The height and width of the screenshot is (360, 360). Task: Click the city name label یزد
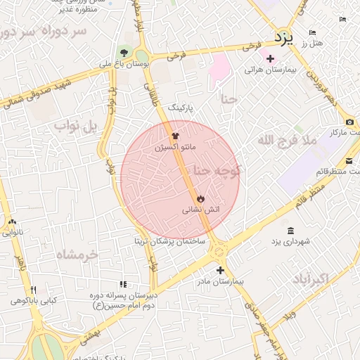pyautogui.click(x=283, y=35)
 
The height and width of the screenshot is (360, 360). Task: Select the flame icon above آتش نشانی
pyautogui.click(x=200, y=199)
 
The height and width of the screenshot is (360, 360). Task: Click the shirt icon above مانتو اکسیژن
pyautogui.click(x=175, y=136)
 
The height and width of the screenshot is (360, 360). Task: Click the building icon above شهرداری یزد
pyautogui.click(x=290, y=231)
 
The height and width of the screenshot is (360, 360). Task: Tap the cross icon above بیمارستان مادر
pyautogui.click(x=220, y=270)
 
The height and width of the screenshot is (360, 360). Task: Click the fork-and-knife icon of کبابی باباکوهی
pyautogui.click(x=32, y=290)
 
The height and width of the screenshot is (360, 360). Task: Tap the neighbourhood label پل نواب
pyautogui.click(x=74, y=126)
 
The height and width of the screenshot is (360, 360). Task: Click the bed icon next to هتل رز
pyautogui.click(x=312, y=33)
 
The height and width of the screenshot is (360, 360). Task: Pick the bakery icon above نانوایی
pyautogui.click(x=12, y=222)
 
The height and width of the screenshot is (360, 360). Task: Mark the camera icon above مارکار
pyautogui.click(x=350, y=122)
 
